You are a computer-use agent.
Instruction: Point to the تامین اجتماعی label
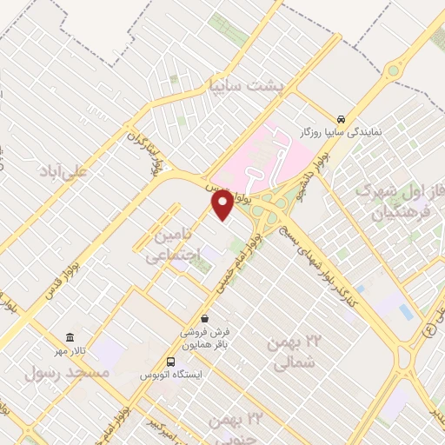[176, 245]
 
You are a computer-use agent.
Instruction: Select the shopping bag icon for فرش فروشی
[203, 319]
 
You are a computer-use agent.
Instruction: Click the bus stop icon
[171, 361]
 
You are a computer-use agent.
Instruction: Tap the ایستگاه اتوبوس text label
[171, 375]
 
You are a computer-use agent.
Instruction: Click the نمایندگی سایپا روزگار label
[342, 133]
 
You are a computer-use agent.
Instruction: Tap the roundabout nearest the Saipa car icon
[395, 70]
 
